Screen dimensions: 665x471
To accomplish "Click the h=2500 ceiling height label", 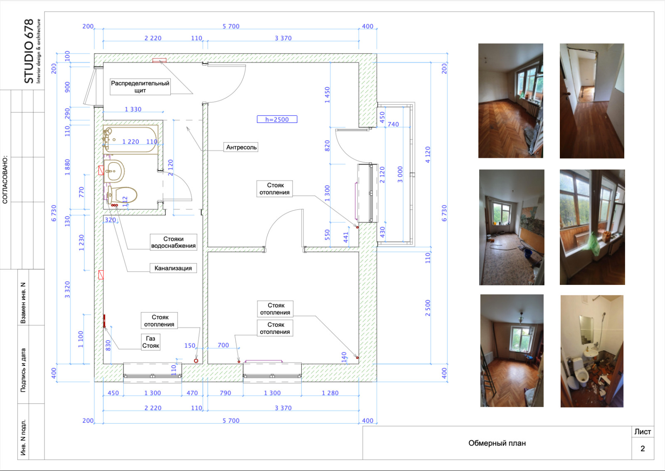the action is [277, 119].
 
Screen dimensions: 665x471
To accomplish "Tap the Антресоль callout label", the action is [241, 147].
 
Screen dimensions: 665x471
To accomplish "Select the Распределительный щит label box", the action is [140, 87].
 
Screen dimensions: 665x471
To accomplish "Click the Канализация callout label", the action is [173, 268].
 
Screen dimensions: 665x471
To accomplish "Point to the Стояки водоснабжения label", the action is [173, 242].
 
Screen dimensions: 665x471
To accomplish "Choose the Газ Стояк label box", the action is [150, 342].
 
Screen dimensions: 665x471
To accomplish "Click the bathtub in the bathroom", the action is [131, 139].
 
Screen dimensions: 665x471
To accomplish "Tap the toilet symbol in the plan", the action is [122, 195].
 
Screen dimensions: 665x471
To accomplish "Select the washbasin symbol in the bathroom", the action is [114, 171].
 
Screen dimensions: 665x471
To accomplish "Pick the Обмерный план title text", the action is [497, 443].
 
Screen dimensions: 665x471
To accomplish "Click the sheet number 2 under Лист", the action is [643, 449].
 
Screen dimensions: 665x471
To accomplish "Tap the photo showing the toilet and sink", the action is [592, 351].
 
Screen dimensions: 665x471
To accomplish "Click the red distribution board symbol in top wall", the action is [160, 61].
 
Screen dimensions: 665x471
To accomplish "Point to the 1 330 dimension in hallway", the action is [133, 109].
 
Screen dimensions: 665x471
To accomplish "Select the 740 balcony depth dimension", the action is [393, 124].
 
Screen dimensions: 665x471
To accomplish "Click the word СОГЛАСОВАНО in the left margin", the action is [5, 180].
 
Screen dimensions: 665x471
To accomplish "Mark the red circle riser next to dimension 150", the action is [196, 361].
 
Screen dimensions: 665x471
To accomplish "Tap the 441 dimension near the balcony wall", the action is [345, 237].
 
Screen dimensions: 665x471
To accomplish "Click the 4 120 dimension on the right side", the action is [428, 155].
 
